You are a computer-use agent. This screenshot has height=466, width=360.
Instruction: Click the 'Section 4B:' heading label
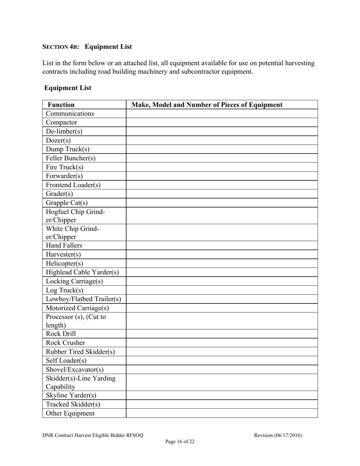[x=61, y=47]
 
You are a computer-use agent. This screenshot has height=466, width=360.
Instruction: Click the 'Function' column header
[x=61, y=105]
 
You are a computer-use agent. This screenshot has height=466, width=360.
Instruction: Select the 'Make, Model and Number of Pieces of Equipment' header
[x=207, y=105]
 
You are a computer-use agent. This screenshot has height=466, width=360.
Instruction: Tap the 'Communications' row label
[x=70, y=114]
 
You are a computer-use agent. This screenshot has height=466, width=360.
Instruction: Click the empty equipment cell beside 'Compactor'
[x=222, y=122]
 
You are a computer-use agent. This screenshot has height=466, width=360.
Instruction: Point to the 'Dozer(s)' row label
[x=58, y=140]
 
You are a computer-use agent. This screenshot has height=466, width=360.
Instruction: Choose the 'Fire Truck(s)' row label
[x=64, y=167]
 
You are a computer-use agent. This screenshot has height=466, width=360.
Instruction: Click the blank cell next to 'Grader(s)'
[x=222, y=194]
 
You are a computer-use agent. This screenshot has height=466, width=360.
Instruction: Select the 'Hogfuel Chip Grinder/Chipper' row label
[x=75, y=216]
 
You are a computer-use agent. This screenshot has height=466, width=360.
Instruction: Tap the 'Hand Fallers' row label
[x=64, y=246]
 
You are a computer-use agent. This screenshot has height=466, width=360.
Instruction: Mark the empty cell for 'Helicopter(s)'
[x=222, y=263]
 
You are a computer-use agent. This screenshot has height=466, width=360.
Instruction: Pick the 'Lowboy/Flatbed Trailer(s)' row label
[x=83, y=299]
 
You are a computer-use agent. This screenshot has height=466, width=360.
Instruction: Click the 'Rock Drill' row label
[x=61, y=334]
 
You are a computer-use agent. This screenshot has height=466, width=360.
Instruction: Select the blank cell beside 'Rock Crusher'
[x=222, y=343]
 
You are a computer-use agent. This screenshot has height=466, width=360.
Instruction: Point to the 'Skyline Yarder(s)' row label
[x=71, y=396]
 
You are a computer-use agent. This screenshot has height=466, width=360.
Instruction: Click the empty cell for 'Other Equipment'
[x=222, y=413]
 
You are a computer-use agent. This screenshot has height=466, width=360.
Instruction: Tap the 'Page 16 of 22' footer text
[x=180, y=441]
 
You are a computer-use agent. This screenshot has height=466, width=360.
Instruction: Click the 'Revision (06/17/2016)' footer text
[x=278, y=435]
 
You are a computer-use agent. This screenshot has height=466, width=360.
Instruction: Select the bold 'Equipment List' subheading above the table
[x=68, y=88]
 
